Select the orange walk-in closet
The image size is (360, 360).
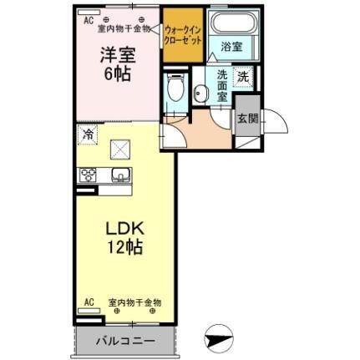click(181, 38)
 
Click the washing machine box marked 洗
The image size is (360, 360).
click(242, 75)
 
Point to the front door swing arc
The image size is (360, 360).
click(276, 125)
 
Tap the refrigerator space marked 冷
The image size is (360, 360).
click(88, 133)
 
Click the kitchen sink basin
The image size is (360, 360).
click(119, 175)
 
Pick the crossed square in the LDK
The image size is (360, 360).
click(121, 150)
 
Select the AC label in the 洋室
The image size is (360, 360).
click(88, 17)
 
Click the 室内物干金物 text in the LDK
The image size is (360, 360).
click(134, 302)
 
